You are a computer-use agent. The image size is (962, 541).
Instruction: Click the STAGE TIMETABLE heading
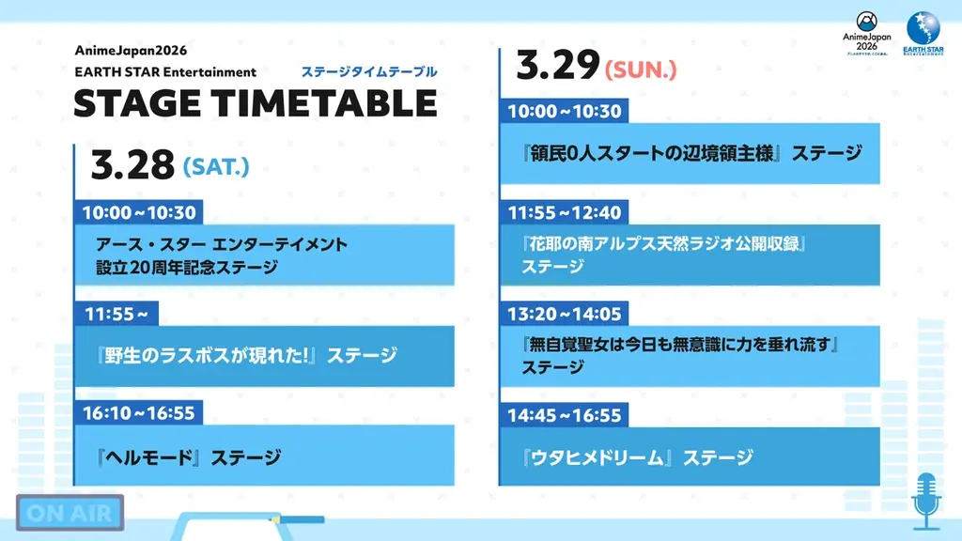coord(255,103)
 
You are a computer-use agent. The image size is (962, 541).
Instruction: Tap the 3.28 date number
coord(132,166)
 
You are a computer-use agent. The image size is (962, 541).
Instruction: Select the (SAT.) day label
coord(216,167)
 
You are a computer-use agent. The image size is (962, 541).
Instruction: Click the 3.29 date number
coord(558,66)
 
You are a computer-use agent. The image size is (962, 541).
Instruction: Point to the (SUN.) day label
coord(642,69)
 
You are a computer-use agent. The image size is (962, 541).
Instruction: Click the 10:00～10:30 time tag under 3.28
coord(138,212)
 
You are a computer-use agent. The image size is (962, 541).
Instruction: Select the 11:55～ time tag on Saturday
coord(120,314)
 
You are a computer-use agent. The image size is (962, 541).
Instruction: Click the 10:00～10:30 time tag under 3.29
coord(565,112)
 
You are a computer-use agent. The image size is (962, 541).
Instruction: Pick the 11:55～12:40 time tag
coord(565,213)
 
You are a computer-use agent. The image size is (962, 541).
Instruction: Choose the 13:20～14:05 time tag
coord(565,314)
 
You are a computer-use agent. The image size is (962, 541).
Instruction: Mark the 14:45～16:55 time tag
coord(565,415)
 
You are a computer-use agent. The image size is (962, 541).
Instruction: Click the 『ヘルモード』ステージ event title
coord(188,458)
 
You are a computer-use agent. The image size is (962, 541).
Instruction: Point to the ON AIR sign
coord(70,514)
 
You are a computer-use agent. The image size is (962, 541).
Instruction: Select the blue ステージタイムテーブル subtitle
coord(368,71)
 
